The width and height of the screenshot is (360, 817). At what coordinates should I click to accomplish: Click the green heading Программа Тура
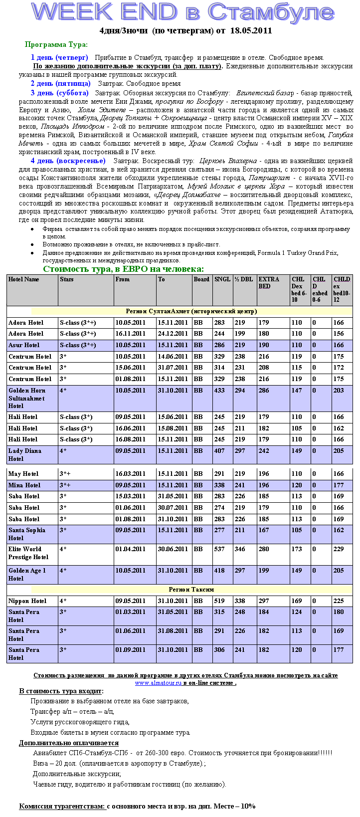[56, 45]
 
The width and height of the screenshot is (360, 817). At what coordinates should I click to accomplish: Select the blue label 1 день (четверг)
[59, 57]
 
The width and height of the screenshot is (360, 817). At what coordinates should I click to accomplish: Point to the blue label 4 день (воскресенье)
[68, 161]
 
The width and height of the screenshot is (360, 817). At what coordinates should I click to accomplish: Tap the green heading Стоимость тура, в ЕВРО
[123, 269]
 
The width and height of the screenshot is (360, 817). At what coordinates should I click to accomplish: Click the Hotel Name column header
[23, 279]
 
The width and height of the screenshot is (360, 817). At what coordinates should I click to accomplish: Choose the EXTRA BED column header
[269, 282]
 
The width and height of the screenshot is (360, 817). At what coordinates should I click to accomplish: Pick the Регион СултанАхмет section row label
[191, 311]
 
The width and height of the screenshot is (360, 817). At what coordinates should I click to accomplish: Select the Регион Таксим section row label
[191, 590]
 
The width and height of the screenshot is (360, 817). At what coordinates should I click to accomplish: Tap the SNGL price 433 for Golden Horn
[219, 391]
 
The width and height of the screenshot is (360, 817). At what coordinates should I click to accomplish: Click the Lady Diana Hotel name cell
[24, 454]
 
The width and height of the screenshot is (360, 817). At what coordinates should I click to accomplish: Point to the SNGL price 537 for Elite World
[219, 549]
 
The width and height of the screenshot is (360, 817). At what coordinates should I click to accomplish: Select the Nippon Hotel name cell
[27, 601]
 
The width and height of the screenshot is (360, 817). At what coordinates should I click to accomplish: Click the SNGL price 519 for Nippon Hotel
[219, 601]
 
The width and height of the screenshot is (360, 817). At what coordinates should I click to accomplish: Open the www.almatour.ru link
[158, 683]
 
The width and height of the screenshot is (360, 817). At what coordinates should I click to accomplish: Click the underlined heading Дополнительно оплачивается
[69, 743]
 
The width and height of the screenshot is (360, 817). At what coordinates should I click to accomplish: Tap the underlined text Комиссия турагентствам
[62, 806]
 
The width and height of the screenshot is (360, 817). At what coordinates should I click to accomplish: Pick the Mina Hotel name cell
[24, 485]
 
